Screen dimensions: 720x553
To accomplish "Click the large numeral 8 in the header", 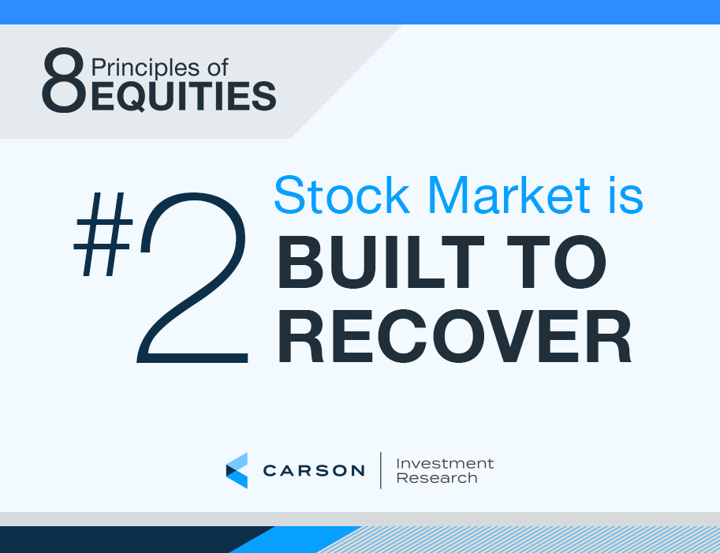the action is click(64, 80).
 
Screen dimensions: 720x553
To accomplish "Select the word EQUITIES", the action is click(184, 96).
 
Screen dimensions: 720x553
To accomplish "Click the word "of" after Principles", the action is click(218, 68).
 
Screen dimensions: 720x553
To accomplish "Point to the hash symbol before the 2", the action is click(103, 234).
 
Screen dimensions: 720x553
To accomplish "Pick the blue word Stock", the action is click(341, 195).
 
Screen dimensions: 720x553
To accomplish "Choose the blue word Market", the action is click(511, 195).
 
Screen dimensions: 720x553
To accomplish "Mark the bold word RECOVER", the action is click(454, 336).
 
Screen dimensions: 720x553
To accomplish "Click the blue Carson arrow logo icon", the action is click(237, 470).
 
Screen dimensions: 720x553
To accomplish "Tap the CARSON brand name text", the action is click(314, 470).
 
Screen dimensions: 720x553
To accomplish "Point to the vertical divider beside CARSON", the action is click(381, 470).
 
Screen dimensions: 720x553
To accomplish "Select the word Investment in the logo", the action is click(445, 463).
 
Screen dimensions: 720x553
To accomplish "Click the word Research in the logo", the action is click(437, 478).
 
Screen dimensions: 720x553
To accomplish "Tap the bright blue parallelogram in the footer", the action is click(295, 540).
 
